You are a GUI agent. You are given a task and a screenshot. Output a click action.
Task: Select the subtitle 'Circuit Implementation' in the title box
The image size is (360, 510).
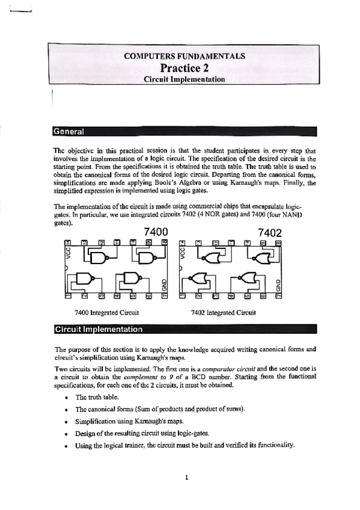click(184, 79)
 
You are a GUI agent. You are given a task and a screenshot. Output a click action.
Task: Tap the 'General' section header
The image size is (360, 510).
click(69, 131)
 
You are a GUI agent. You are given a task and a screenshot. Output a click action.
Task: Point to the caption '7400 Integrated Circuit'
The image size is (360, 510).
click(106, 313)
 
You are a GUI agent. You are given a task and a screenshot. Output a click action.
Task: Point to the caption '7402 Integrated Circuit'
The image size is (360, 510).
click(223, 313)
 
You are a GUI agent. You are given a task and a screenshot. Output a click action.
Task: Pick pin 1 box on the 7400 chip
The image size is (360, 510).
click(68, 295)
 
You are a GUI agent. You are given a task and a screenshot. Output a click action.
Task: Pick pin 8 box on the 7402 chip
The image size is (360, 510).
click(277, 242)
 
